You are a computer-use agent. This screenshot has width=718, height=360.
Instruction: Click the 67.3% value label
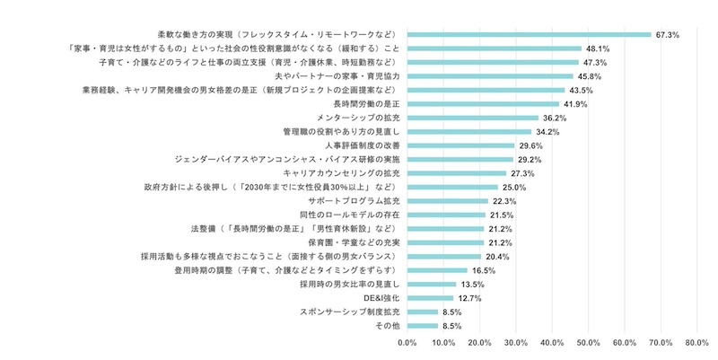[668, 35]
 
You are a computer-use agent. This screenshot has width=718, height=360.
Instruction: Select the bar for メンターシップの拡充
[473, 118]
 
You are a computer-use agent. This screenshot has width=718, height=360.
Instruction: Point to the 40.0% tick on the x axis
[552, 342]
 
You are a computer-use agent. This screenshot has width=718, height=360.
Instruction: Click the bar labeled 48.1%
[495, 48]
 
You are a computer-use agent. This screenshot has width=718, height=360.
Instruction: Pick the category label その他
[386, 325]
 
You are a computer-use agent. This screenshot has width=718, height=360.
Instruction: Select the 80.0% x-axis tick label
[697, 342]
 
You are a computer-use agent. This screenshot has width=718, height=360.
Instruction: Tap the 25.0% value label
[513, 187]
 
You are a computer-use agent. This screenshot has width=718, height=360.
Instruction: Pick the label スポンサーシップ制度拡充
[350, 312]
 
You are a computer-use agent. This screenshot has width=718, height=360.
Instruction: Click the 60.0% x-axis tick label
[625, 342]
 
